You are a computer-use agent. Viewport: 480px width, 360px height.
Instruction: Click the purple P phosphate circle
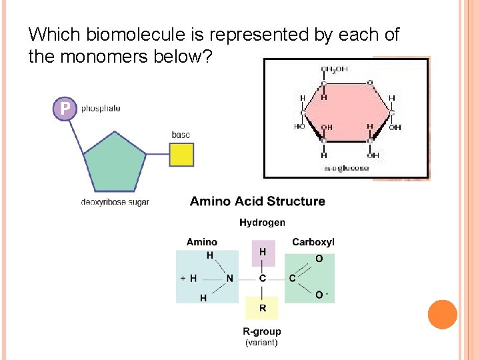pos(65,109)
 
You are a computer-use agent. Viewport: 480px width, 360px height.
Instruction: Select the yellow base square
pos(181,154)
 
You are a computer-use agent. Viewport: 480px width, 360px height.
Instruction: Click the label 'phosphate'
pos(101,109)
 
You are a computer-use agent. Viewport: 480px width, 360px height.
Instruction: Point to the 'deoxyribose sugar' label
pos(115,201)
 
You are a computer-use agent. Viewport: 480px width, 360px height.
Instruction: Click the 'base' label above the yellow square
pos(181,135)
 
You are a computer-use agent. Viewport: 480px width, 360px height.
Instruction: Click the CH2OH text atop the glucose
pos(334,69)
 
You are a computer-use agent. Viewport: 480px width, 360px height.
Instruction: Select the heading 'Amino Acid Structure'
pos(257,201)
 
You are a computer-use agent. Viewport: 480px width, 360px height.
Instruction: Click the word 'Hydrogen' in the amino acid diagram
pos(262,223)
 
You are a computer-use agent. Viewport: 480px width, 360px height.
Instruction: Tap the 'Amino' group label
pos(202,241)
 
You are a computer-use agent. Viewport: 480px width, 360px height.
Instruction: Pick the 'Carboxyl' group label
pos(313,241)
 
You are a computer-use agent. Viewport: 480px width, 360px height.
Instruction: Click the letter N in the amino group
pos(230,278)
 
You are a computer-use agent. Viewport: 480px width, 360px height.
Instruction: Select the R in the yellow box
pos(263,308)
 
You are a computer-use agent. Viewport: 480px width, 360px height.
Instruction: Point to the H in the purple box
pos(263,252)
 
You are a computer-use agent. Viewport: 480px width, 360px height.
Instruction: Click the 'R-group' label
pos(261,331)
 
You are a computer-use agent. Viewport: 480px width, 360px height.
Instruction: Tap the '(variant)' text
pos(261,343)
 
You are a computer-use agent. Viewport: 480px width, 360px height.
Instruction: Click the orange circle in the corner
pos(442,314)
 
